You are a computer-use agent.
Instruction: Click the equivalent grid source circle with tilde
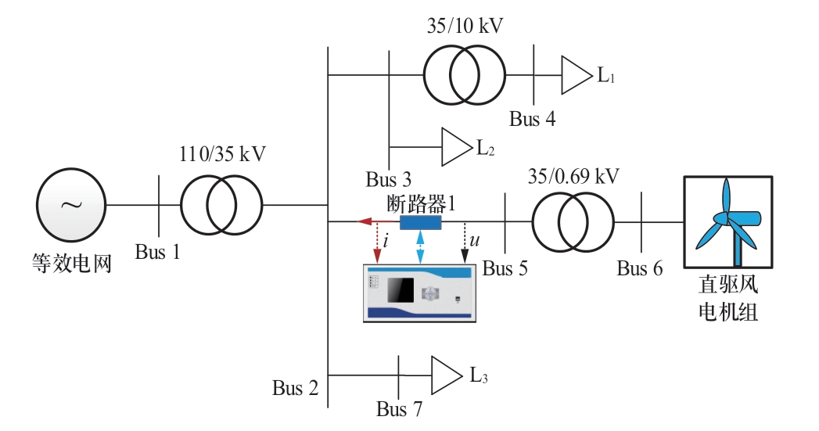70,205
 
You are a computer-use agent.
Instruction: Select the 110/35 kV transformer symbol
221,205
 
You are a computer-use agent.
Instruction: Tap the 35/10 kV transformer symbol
463,75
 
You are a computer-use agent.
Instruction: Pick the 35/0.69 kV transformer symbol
573,222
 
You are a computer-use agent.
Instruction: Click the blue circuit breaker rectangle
420,222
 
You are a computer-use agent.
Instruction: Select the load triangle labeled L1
575,75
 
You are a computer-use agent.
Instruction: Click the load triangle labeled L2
454,147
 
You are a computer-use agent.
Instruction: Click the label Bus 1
157,252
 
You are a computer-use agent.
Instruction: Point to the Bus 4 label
533,120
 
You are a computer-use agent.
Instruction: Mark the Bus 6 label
639,269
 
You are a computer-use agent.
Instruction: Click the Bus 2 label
296,387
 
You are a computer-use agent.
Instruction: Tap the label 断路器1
421,203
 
